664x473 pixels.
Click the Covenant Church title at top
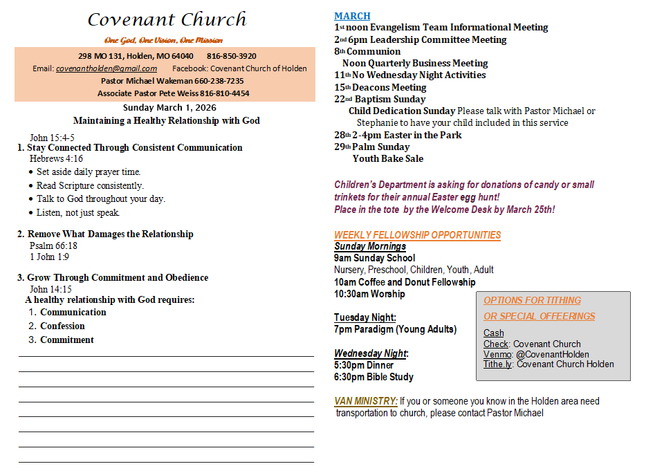(x=167, y=19)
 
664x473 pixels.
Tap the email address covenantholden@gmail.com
(x=107, y=68)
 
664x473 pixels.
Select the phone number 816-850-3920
(x=231, y=56)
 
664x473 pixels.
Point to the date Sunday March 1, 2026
(x=169, y=107)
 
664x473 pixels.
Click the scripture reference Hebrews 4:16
(x=56, y=159)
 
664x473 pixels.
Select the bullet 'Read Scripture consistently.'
(x=90, y=185)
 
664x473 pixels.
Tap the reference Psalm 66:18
(x=53, y=245)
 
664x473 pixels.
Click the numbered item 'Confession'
(x=62, y=326)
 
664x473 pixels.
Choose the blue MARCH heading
(x=352, y=16)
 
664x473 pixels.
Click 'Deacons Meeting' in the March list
(x=389, y=87)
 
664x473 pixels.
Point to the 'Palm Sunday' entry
(x=380, y=147)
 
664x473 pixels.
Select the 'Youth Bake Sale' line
(x=387, y=158)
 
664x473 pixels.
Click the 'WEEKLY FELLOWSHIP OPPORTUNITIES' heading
(x=417, y=235)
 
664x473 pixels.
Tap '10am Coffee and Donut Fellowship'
(x=405, y=282)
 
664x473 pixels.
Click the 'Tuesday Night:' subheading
(x=365, y=317)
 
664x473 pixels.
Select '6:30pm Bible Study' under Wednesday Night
(x=373, y=377)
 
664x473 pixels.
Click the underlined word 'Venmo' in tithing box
(x=497, y=354)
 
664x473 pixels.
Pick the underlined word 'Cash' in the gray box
(x=493, y=333)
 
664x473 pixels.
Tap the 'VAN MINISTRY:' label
(x=365, y=401)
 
